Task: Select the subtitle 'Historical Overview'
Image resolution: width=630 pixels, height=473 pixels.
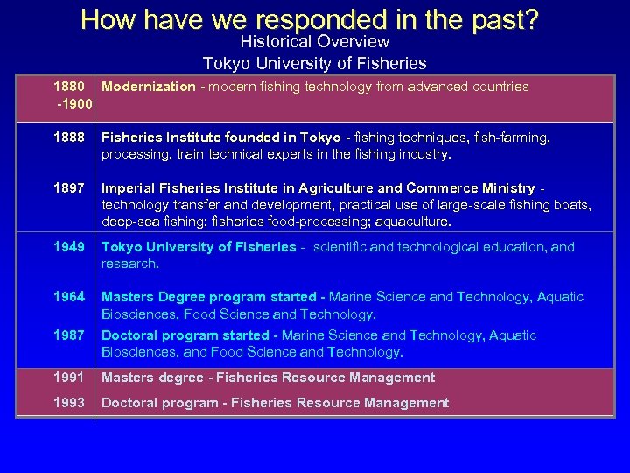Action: [x=314, y=41]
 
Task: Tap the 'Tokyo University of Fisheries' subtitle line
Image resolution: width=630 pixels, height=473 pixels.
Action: [x=314, y=63]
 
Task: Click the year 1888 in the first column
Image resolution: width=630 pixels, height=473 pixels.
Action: [x=69, y=138]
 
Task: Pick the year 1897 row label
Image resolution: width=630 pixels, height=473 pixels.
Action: [x=69, y=188]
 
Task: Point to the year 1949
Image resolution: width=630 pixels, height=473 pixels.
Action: [x=69, y=247]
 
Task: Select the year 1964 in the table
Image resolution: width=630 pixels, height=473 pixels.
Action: [x=69, y=297]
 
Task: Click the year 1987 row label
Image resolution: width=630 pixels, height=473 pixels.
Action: [x=69, y=335]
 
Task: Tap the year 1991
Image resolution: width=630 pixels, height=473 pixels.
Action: [x=69, y=378]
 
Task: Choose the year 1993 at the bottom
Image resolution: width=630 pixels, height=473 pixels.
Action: [x=69, y=403]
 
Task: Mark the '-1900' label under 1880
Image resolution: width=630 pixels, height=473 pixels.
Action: [x=73, y=105]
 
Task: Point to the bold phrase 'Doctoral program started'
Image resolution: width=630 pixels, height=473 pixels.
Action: [x=185, y=335]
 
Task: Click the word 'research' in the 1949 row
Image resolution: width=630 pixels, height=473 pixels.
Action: [x=129, y=264]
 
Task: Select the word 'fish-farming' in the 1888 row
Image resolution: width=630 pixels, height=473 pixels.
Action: [x=511, y=138]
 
